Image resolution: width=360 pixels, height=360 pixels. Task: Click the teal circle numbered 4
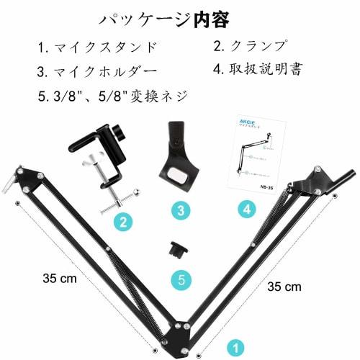click(246, 210)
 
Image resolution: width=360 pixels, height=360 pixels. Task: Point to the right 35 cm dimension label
click(284, 286)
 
